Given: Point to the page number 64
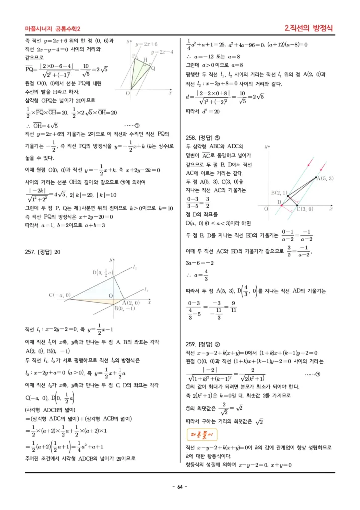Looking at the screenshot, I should pos(180,487).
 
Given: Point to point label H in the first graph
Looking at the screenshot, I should pos(145,60).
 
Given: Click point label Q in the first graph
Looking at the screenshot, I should pos(153,68).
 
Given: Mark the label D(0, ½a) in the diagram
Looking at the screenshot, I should pos(103,272).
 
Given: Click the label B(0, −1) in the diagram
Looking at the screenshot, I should pos(124,308).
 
